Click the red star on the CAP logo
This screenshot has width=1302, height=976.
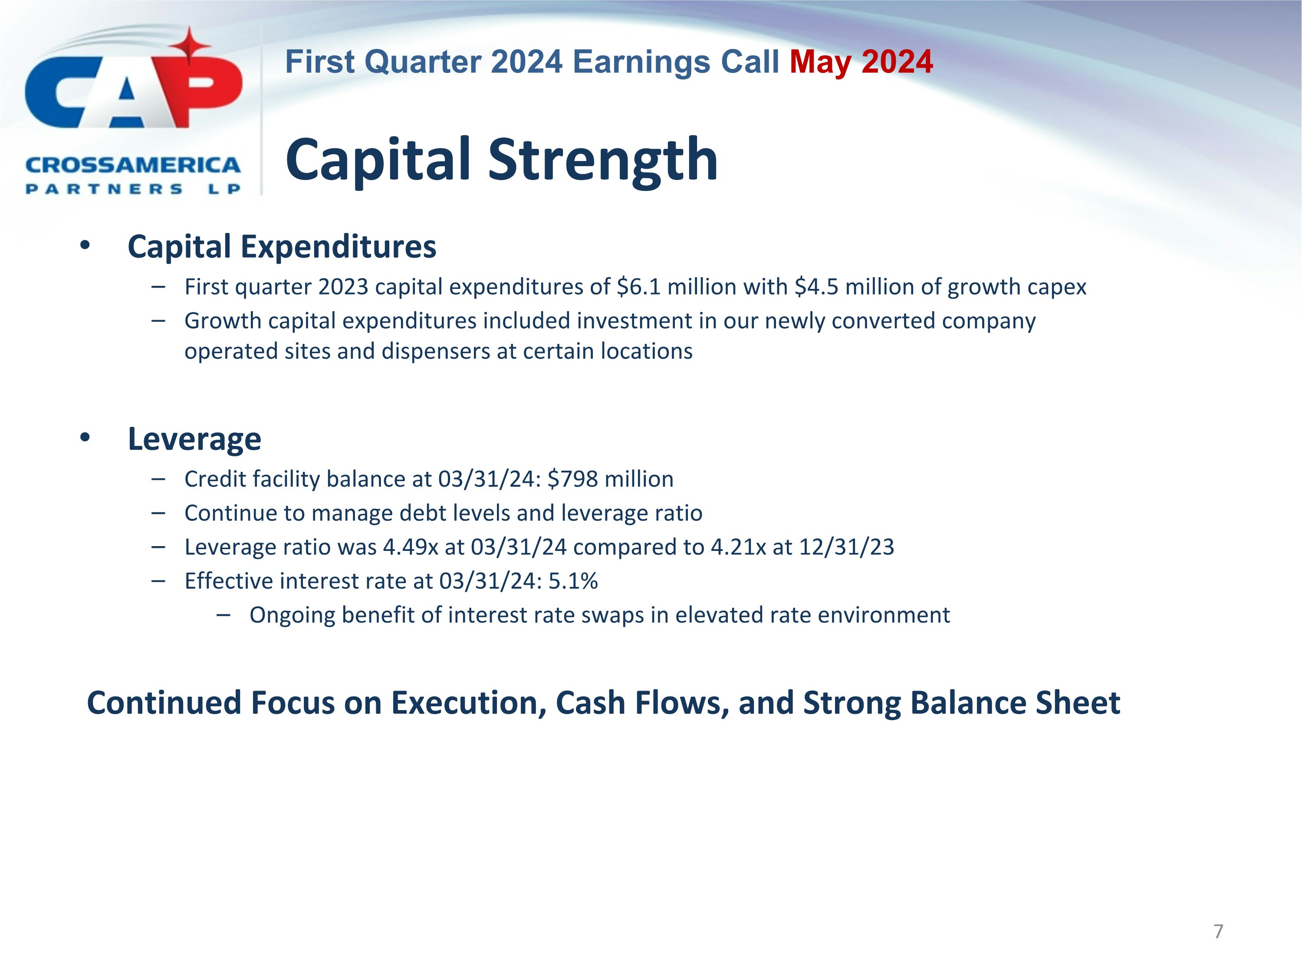[190, 46]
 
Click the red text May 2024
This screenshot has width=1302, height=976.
[861, 62]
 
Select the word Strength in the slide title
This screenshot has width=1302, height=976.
[603, 160]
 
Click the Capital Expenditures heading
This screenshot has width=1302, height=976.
[282, 246]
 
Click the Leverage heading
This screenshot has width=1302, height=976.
[194, 439]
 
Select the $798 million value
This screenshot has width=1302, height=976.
[610, 479]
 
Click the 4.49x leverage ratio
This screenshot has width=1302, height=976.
[410, 547]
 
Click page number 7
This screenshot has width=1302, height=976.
[1218, 931]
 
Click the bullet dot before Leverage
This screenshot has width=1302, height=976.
[85, 437]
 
